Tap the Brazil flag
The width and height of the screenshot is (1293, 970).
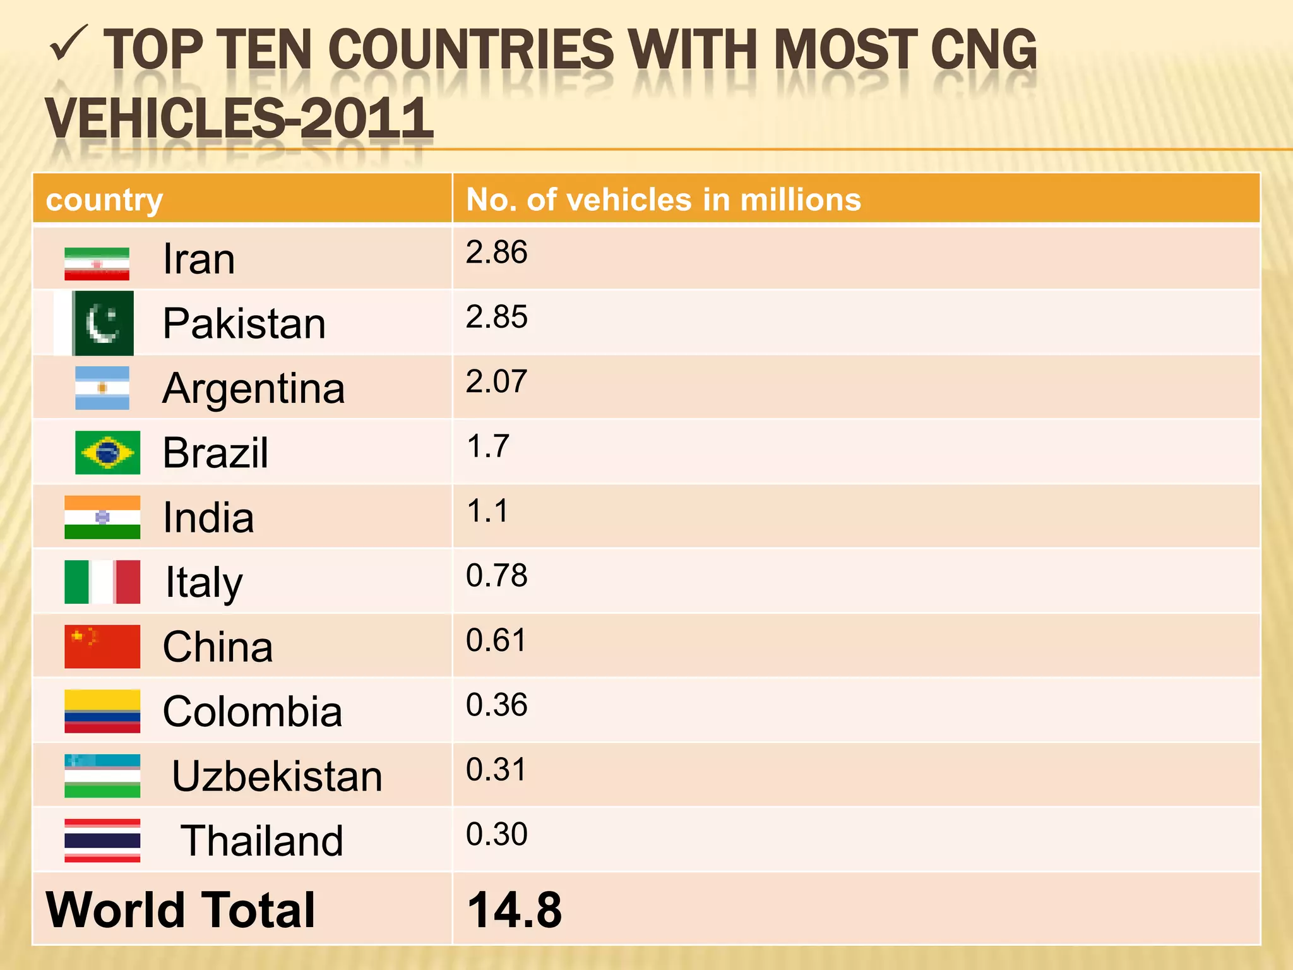click(x=107, y=453)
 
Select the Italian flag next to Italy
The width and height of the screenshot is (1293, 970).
click(x=102, y=582)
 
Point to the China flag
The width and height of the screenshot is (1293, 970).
click(x=102, y=647)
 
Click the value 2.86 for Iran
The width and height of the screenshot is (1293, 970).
click(x=496, y=253)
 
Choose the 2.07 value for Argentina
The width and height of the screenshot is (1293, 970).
click(x=496, y=381)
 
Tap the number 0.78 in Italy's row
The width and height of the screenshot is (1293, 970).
click(x=496, y=575)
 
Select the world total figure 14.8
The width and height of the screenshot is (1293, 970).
click(x=514, y=910)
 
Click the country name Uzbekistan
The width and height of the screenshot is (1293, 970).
click(x=277, y=776)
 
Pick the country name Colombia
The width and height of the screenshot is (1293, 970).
click(x=253, y=712)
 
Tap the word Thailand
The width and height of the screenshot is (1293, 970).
click(x=262, y=841)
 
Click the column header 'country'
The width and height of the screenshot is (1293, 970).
click(x=105, y=200)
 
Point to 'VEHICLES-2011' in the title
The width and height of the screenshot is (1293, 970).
click(x=239, y=118)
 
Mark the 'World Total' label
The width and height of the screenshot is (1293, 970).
click(x=181, y=910)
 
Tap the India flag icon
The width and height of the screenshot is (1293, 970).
click(x=102, y=517)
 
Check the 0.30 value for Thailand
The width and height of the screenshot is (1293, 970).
click(x=496, y=834)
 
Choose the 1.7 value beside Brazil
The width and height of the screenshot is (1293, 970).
click(x=487, y=446)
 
